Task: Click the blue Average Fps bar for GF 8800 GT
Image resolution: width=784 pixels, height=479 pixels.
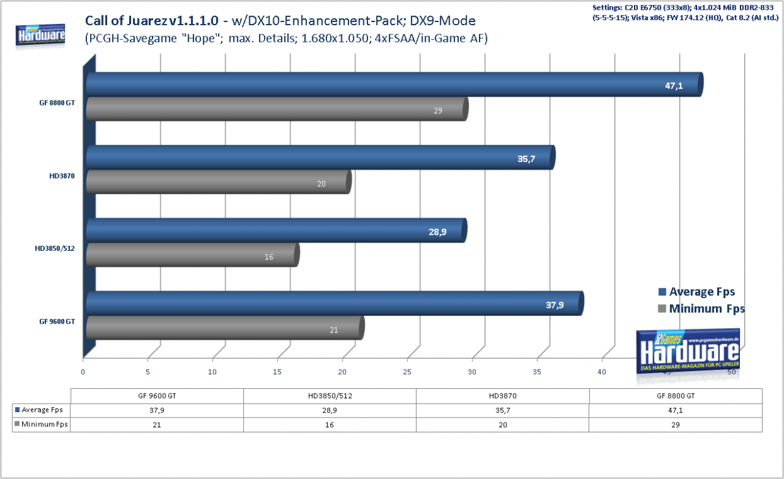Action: click(395, 85)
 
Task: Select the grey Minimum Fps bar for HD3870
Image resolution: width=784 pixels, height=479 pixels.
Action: click(219, 182)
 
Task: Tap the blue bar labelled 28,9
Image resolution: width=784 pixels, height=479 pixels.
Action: click(276, 231)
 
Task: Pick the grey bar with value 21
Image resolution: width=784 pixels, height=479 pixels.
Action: click(225, 328)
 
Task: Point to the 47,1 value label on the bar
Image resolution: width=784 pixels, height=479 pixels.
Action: click(674, 86)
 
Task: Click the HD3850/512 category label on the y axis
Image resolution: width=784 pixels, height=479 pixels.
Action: click(55, 248)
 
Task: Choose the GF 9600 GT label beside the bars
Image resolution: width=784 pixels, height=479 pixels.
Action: click(57, 321)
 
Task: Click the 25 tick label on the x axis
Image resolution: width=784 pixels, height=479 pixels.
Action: click(407, 372)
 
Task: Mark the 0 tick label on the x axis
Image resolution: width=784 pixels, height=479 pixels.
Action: click(83, 372)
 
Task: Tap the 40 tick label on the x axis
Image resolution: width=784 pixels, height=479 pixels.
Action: click(601, 372)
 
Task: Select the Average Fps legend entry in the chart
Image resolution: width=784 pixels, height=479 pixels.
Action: click(696, 291)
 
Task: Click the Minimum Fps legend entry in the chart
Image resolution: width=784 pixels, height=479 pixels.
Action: click(701, 308)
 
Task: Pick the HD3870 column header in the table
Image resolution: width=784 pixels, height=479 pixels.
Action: click(503, 396)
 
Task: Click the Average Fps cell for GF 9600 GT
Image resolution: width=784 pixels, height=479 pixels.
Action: click(157, 410)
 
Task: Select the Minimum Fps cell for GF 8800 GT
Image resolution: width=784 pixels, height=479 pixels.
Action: click(676, 424)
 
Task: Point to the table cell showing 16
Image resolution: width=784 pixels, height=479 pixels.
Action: click(330, 424)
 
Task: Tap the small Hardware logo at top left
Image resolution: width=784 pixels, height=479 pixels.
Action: click(40, 34)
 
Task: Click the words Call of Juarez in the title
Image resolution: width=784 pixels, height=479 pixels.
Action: click(126, 21)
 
